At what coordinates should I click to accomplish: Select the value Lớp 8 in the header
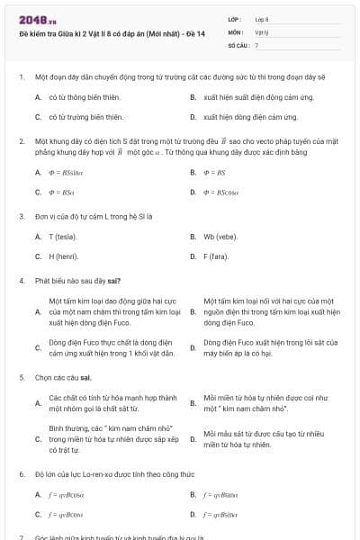point(262,18)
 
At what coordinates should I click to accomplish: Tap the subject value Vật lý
point(261,31)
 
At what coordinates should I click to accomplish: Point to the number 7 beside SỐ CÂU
point(256,44)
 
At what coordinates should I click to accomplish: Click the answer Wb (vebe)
point(219,237)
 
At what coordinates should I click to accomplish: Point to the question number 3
point(21,216)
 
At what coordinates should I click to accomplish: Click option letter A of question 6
point(38,494)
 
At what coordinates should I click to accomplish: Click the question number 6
point(21,473)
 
